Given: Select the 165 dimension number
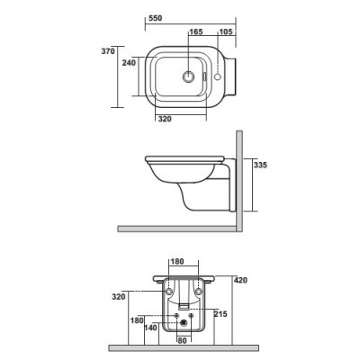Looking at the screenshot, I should point(196,33).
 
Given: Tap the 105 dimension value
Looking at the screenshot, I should point(225,33).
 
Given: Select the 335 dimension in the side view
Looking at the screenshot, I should point(258,166).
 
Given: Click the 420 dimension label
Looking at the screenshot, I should point(239,280).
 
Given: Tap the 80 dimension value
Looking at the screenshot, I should point(183,340).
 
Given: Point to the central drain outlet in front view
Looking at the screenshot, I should point(184,322).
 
